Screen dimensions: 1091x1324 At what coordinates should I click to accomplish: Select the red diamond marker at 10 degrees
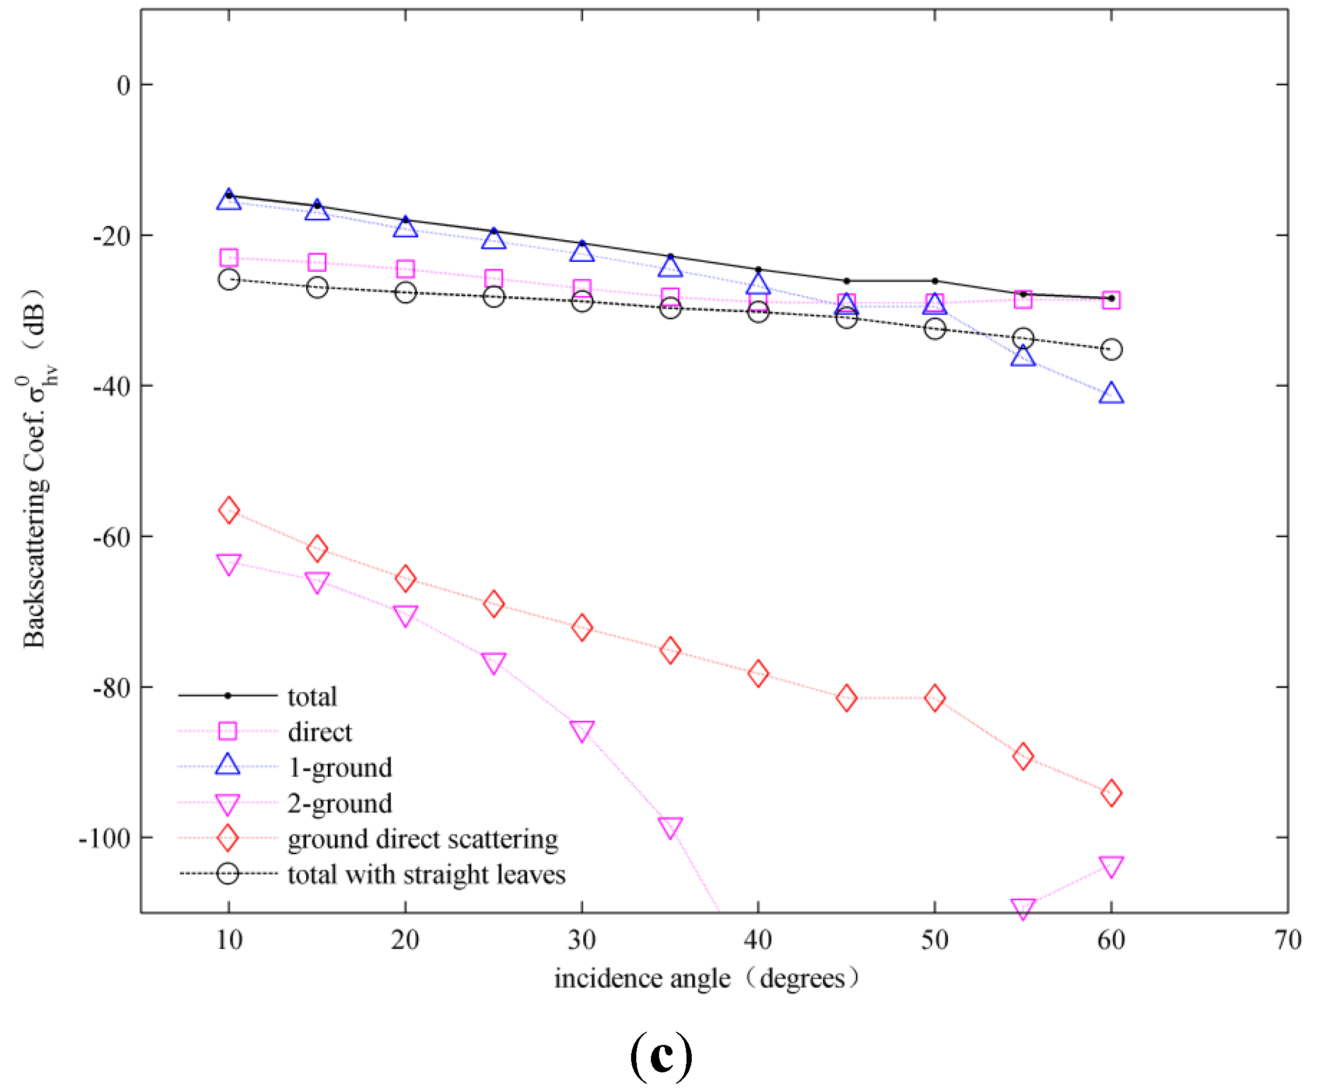tap(229, 510)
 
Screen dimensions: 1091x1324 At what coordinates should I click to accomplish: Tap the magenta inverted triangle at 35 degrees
tap(670, 827)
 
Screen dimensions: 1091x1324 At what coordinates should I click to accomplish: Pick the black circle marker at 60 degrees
tap(1111, 349)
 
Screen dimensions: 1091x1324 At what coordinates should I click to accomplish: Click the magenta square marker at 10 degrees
tap(229, 258)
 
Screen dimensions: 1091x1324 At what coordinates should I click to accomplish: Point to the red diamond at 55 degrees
tap(1023, 756)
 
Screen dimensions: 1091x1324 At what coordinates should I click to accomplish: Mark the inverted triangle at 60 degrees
tap(1111, 866)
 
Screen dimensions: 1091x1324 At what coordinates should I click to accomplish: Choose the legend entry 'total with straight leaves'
tap(426, 875)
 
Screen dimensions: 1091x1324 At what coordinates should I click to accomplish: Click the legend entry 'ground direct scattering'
tap(422, 840)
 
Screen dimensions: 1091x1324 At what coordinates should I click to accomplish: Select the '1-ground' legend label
tap(339, 768)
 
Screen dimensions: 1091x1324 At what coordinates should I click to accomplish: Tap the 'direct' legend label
tap(320, 732)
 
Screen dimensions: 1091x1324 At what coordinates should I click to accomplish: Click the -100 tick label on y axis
tap(104, 839)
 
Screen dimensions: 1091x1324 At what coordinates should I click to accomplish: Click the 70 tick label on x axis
tap(1287, 940)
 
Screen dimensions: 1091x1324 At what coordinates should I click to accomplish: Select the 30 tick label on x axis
tap(582, 940)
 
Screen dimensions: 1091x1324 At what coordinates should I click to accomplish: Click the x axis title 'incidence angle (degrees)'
tap(705, 979)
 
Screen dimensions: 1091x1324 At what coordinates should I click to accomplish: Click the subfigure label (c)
tap(661, 1056)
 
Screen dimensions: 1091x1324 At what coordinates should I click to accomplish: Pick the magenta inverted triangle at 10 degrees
tap(229, 564)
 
